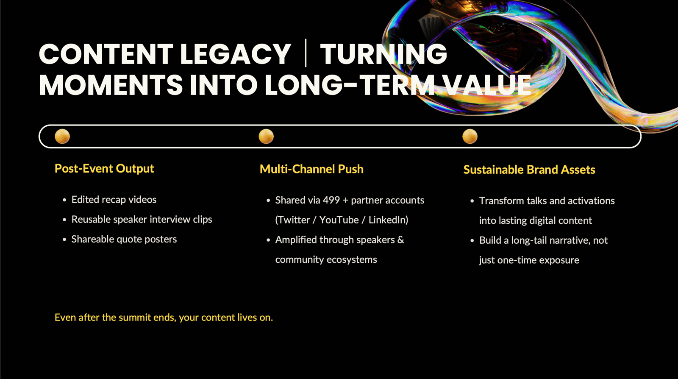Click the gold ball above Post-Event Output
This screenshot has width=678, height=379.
[x=62, y=136]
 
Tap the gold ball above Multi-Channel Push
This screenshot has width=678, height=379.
[x=267, y=136]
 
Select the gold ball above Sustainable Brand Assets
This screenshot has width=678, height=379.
[x=470, y=136]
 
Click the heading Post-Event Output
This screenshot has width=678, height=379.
[x=104, y=169]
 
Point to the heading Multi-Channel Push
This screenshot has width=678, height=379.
[x=312, y=169]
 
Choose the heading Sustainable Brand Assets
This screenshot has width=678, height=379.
[x=529, y=170]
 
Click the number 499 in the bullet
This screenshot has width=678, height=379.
[x=331, y=201]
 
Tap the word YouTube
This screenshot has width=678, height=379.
[x=339, y=220]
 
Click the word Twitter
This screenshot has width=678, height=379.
[x=292, y=220]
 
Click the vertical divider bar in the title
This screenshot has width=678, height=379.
[x=306, y=53]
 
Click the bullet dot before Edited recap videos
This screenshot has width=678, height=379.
[x=64, y=200]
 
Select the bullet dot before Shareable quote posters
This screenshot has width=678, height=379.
[x=64, y=240]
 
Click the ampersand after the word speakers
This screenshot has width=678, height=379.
[x=401, y=240]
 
